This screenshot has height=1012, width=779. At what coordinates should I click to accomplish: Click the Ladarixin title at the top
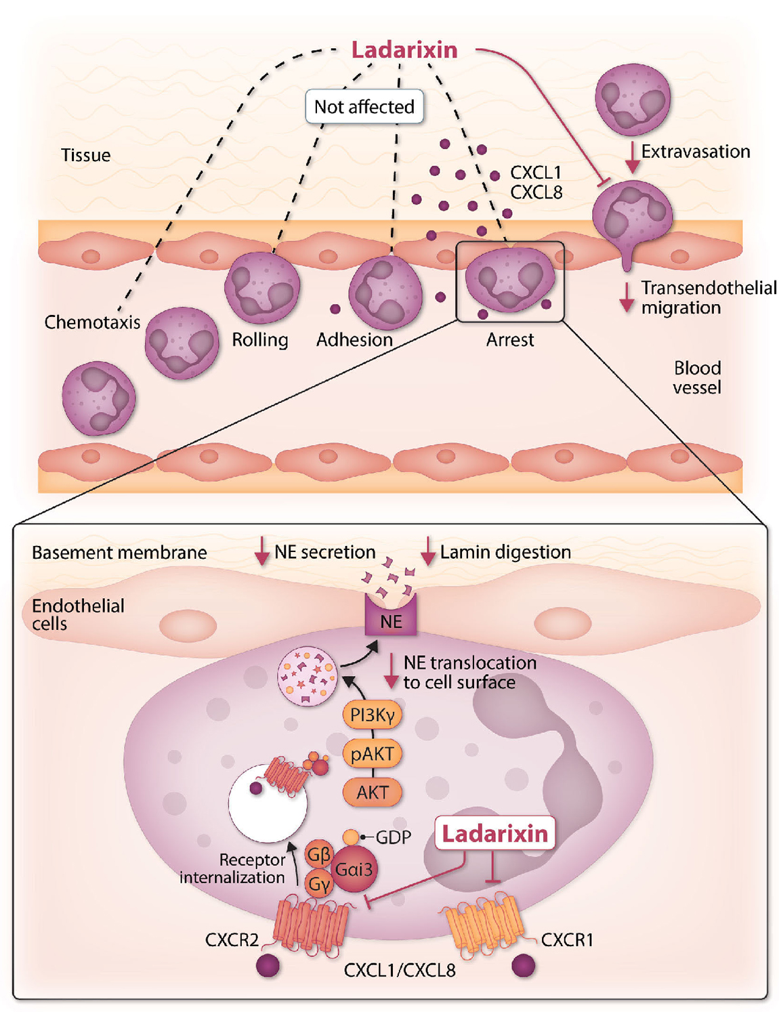tap(404, 50)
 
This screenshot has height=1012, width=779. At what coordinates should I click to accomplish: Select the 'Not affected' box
tap(364, 107)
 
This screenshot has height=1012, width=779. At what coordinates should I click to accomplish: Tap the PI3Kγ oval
tap(372, 715)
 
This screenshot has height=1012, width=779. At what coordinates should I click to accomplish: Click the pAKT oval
tap(372, 753)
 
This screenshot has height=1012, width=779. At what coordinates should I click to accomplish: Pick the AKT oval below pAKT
tap(372, 792)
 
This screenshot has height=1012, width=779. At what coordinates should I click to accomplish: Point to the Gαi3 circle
tap(354, 869)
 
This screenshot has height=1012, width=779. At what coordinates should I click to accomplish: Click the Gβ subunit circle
tap(318, 855)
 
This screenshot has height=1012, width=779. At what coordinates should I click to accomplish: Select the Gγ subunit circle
tap(318, 884)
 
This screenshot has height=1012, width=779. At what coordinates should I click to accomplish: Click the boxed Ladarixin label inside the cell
tap(495, 834)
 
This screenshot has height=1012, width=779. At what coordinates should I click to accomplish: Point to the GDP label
tap(393, 837)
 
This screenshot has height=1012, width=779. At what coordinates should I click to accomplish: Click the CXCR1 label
tap(567, 940)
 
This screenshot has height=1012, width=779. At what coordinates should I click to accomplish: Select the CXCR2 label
tap(232, 940)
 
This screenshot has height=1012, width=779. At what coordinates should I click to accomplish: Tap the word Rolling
tap(260, 339)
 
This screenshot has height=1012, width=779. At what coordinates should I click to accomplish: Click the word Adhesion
tap(354, 339)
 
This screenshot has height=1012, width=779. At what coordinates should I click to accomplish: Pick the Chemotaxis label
tap(92, 322)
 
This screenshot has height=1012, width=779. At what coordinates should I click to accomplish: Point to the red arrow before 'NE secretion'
tap(261, 551)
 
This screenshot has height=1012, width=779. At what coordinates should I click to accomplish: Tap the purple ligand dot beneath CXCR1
tap(523, 966)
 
